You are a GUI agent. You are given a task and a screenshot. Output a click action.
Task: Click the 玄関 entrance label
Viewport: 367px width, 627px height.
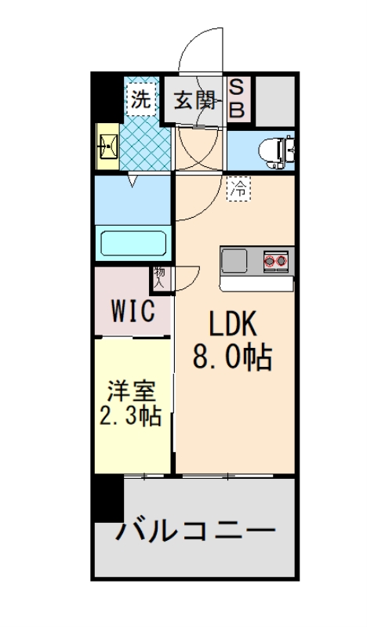[194, 100]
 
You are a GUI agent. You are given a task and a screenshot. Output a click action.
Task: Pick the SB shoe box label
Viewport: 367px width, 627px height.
[236, 100]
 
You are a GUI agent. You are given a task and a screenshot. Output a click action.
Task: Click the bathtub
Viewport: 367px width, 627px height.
[133, 242]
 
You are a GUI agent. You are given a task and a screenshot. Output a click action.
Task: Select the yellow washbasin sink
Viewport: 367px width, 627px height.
[107, 146]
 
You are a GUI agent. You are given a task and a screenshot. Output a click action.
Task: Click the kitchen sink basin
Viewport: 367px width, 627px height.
[236, 259]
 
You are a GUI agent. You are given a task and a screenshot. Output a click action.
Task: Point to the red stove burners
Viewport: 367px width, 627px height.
[276, 259]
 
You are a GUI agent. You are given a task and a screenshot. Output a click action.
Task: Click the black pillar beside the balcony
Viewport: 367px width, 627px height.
[107, 498]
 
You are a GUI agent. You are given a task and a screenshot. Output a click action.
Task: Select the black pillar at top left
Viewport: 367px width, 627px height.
[107, 97]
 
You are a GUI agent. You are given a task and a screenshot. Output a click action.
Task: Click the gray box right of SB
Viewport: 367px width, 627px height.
[274, 99]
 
